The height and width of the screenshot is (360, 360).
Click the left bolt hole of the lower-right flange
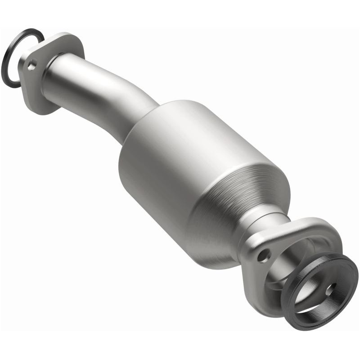click(262, 257)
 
